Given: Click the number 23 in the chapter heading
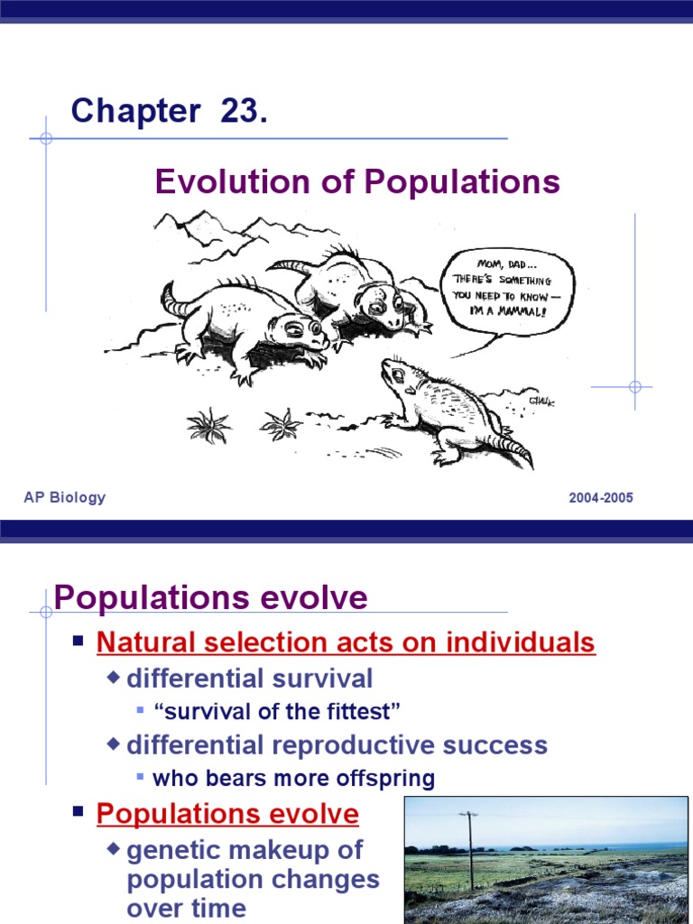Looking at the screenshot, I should (240, 112).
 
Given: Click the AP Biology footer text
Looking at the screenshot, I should (65, 497).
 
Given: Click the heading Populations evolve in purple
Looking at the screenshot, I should (210, 597).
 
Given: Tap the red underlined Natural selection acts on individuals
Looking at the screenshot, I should (346, 642).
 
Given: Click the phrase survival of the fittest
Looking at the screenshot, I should (277, 711).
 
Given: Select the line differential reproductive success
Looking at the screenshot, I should (337, 745).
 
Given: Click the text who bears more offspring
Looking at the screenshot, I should (293, 778).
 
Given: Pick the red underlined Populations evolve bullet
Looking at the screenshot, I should (227, 814).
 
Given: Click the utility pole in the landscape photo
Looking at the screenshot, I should (469, 848).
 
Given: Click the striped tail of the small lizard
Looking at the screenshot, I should (511, 445).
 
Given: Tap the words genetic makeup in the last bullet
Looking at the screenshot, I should (244, 850).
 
